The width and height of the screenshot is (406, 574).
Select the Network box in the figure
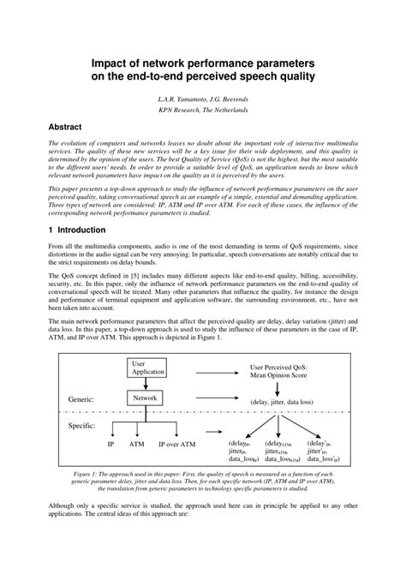point(145,398)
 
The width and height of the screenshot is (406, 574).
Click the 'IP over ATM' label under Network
point(178,445)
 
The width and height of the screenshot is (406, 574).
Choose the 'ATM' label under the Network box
point(136,445)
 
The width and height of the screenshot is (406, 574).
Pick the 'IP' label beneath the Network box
point(110,445)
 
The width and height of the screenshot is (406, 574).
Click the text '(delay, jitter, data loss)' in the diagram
point(287,400)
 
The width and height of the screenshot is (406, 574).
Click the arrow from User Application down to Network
point(145,384)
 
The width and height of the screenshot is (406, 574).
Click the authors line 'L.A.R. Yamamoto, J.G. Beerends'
point(203,98)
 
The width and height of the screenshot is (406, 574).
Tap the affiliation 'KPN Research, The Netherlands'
point(203,110)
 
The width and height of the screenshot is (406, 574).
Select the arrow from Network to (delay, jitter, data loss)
point(206,399)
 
